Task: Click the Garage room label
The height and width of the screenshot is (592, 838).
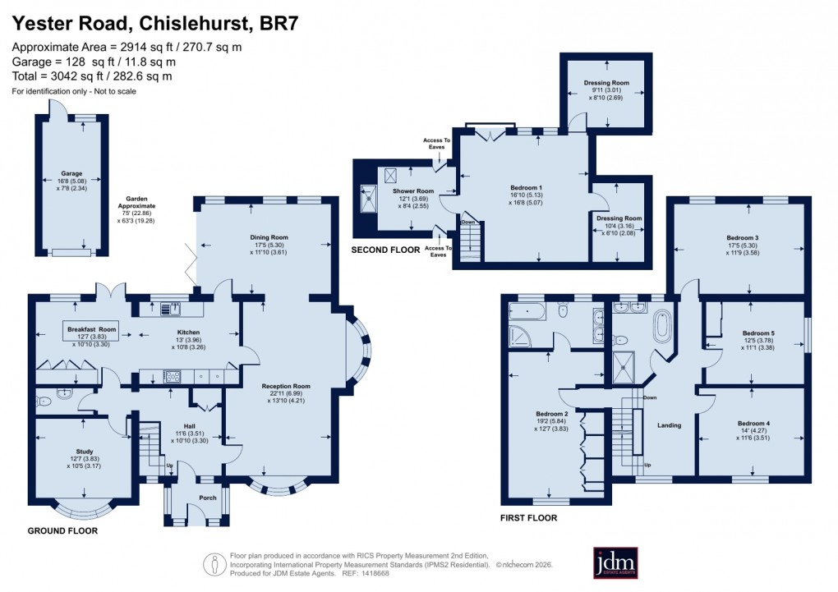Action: pos(71,174)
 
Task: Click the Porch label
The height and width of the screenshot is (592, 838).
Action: pos(196,498)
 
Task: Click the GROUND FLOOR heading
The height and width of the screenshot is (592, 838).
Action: pos(64,531)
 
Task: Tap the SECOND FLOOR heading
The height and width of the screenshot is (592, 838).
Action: pos(385,250)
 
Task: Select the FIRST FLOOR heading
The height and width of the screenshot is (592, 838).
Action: pos(529,518)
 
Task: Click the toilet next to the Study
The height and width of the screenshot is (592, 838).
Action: pos(46,401)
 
